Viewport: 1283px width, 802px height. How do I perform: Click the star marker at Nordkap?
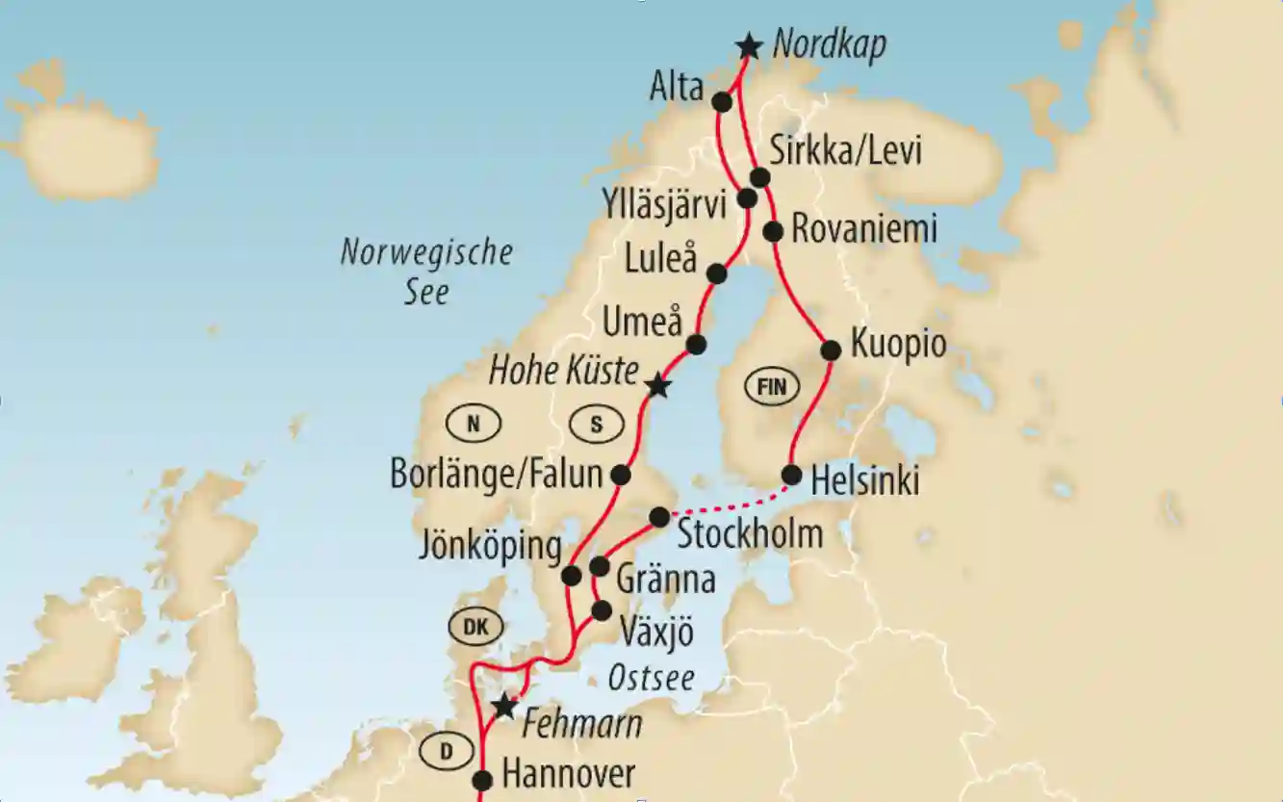click(748, 45)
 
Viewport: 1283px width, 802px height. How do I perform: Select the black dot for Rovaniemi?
click(772, 231)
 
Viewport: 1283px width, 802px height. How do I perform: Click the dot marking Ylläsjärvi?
click(747, 198)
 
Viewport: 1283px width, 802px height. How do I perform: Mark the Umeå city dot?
click(696, 344)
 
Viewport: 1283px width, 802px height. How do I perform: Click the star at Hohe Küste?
click(657, 387)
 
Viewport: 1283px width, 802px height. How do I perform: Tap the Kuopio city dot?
click(830, 351)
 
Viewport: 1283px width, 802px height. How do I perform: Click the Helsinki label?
click(865, 481)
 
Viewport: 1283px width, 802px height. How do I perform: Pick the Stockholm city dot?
click(659, 517)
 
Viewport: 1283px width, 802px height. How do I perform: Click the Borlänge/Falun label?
click(496, 474)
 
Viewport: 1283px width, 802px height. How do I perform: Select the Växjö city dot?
click(602, 609)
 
